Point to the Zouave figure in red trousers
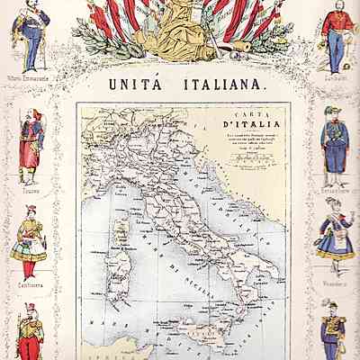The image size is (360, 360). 29,144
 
